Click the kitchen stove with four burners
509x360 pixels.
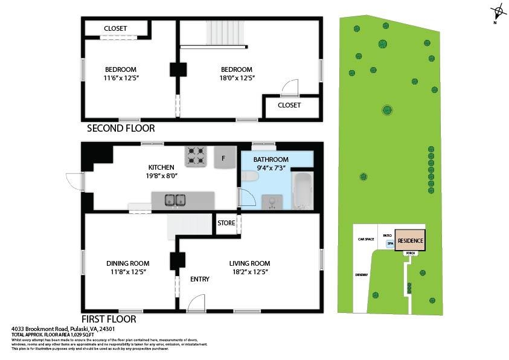196,156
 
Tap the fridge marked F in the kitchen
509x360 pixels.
224,158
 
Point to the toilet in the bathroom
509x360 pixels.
248,176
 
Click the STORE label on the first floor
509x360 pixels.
226,223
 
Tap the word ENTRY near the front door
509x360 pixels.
199,279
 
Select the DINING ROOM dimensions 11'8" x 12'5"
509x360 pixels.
127,272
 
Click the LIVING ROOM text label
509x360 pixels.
249,263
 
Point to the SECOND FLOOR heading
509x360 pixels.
121,128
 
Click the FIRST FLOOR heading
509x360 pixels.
109,319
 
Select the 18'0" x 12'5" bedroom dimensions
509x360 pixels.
237,78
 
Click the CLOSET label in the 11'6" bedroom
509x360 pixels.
115,28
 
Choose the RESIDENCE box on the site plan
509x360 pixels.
410,241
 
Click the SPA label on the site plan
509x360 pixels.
390,244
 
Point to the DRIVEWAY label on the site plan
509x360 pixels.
362,275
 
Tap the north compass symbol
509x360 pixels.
498,11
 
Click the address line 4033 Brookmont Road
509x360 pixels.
54,329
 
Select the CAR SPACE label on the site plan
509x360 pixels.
365,239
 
